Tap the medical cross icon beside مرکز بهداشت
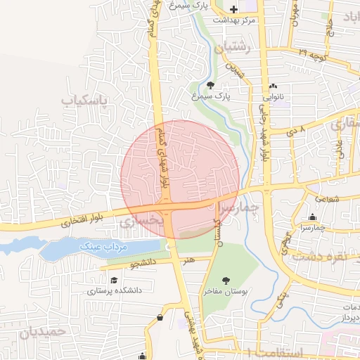233,8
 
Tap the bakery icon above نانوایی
273,87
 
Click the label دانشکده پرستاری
115,290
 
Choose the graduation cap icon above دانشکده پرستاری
114,280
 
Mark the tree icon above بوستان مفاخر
226,279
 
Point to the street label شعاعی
332,198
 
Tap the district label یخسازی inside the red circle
141,221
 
